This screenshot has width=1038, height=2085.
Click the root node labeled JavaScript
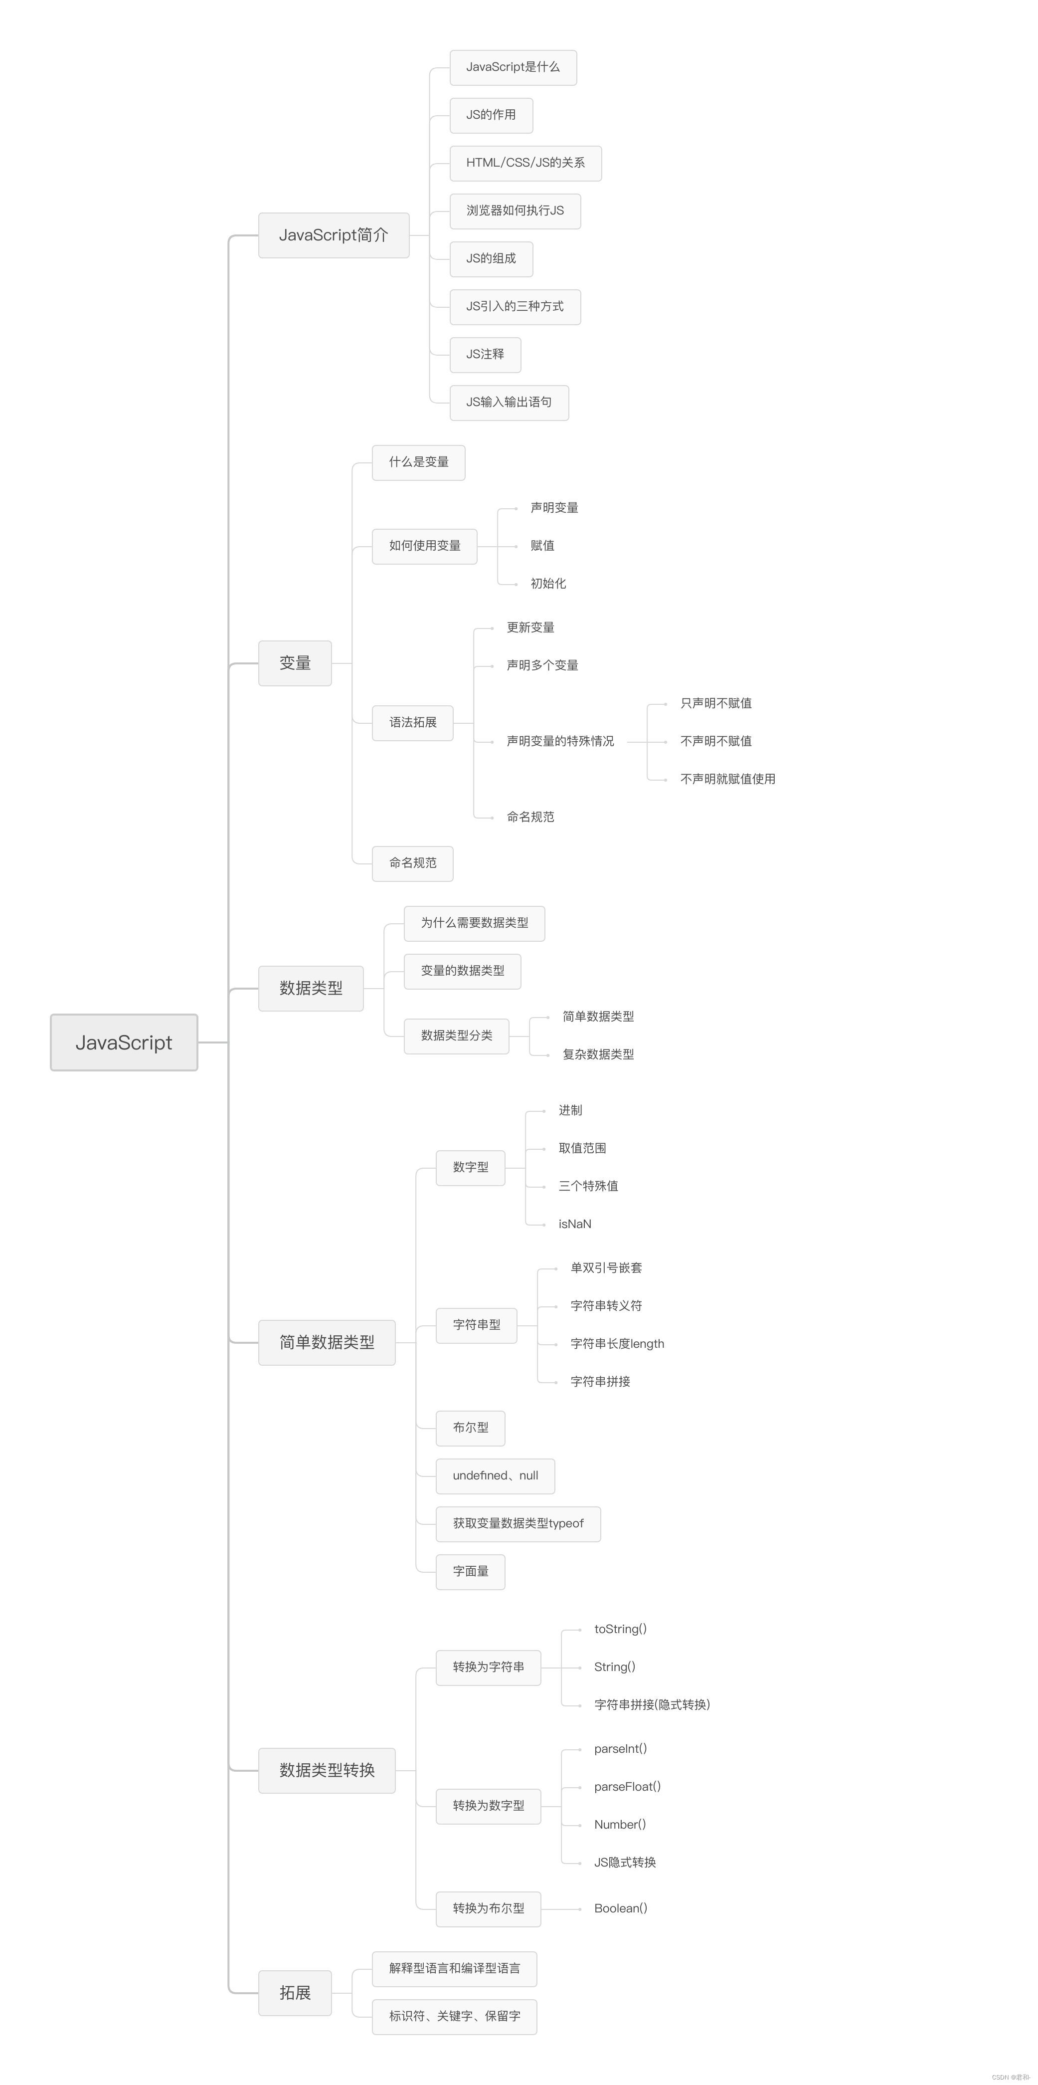pos(124,1042)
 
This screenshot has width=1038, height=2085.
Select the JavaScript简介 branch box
pos(334,235)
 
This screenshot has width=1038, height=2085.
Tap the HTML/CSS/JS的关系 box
pos(525,163)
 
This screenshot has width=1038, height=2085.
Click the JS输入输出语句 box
pos(509,402)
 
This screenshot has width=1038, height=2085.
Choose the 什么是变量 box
pos(418,462)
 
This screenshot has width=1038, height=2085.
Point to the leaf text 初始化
pos(548,584)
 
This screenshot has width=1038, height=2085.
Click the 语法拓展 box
pos(413,722)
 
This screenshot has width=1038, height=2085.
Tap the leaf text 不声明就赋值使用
pos(727,779)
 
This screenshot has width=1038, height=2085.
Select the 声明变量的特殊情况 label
pos(560,741)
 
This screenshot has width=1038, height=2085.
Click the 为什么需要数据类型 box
pos(474,923)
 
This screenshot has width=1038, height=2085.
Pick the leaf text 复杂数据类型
pos(598,1054)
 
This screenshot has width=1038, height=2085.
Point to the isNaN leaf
pos(574,1224)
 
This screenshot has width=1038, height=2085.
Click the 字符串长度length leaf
pos(617,1344)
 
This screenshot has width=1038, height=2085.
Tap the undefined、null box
pos(495,1475)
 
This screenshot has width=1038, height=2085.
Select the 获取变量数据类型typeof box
pos(518,1523)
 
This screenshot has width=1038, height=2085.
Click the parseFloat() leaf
pos(627,1786)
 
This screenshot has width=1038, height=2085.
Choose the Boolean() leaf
pos(621,1908)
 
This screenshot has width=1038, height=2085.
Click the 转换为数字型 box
pos(488,1806)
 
